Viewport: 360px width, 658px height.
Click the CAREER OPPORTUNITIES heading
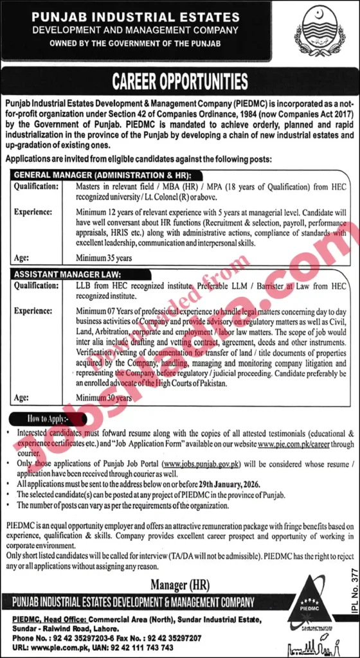[x=180, y=82]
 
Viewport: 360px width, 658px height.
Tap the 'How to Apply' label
[x=46, y=418]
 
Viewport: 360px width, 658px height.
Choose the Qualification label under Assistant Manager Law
[x=36, y=285]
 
